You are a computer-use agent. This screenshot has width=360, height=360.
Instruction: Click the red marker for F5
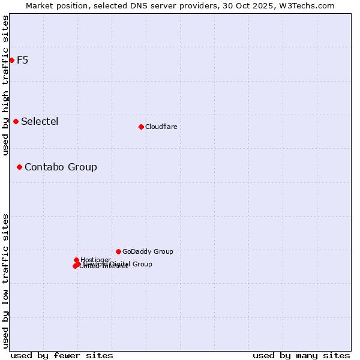click(x=11, y=60)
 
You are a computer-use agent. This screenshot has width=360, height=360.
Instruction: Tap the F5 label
click(x=22, y=60)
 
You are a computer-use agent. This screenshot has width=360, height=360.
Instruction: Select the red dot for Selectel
click(x=16, y=121)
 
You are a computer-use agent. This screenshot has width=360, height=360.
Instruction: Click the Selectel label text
click(x=40, y=121)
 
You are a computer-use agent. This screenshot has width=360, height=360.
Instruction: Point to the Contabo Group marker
click(x=19, y=167)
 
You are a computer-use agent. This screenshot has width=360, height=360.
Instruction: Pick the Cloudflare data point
click(x=141, y=127)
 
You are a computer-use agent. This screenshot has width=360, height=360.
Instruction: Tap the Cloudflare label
click(x=161, y=127)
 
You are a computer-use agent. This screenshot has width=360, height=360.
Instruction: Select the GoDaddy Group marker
click(x=118, y=251)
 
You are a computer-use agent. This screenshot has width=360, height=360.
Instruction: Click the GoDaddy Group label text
click(x=148, y=251)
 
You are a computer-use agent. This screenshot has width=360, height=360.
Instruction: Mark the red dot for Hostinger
click(x=76, y=260)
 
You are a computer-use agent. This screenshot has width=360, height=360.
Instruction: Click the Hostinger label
click(x=95, y=260)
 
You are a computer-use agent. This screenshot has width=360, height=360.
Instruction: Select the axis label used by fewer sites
click(x=62, y=355)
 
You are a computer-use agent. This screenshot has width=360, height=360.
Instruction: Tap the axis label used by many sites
click(x=301, y=355)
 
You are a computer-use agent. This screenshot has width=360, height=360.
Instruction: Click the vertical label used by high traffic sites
click(x=5, y=85)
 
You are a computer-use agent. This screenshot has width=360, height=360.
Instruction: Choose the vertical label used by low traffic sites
click(x=5, y=280)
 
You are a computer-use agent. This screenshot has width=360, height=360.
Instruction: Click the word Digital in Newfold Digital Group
click(x=119, y=264)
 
